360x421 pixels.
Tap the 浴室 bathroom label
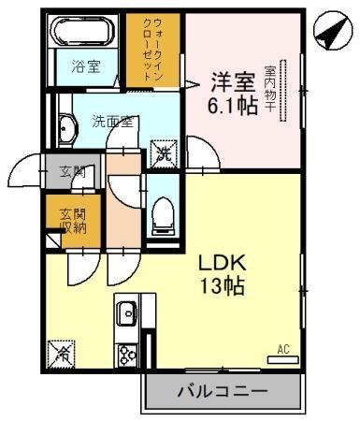point(86,66)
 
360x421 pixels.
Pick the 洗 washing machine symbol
point(163,150)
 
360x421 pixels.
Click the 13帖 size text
point(223,288)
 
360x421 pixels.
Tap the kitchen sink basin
point(126,312)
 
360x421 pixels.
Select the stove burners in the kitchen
point(126,355)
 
